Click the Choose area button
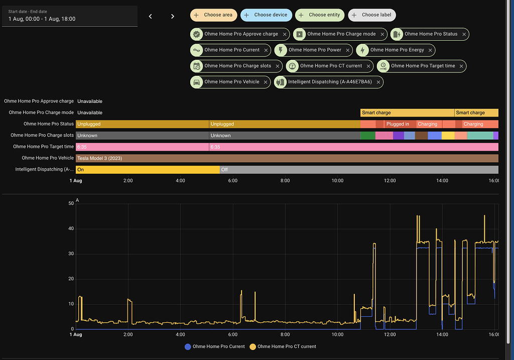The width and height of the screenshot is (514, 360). (213, 15)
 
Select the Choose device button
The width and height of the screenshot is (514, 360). (266, 15)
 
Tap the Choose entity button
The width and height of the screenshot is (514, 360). (319, 15)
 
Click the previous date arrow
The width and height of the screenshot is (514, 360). (150, 17)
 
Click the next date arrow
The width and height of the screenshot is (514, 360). (173, 17)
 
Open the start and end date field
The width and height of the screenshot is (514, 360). (70, 16)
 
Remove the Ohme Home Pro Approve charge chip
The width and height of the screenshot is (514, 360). (285, 34)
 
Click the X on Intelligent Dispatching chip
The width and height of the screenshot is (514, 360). (378, 82)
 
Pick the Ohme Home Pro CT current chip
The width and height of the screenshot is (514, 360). (330, 66)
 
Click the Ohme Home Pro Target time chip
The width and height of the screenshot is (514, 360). (422, 66)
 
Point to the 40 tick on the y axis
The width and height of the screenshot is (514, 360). (71, 228)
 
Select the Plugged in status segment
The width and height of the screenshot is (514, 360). (398, 124)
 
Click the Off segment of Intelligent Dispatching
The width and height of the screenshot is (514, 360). (224, 170)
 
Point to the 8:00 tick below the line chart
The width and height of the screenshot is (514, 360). (285, 334)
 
